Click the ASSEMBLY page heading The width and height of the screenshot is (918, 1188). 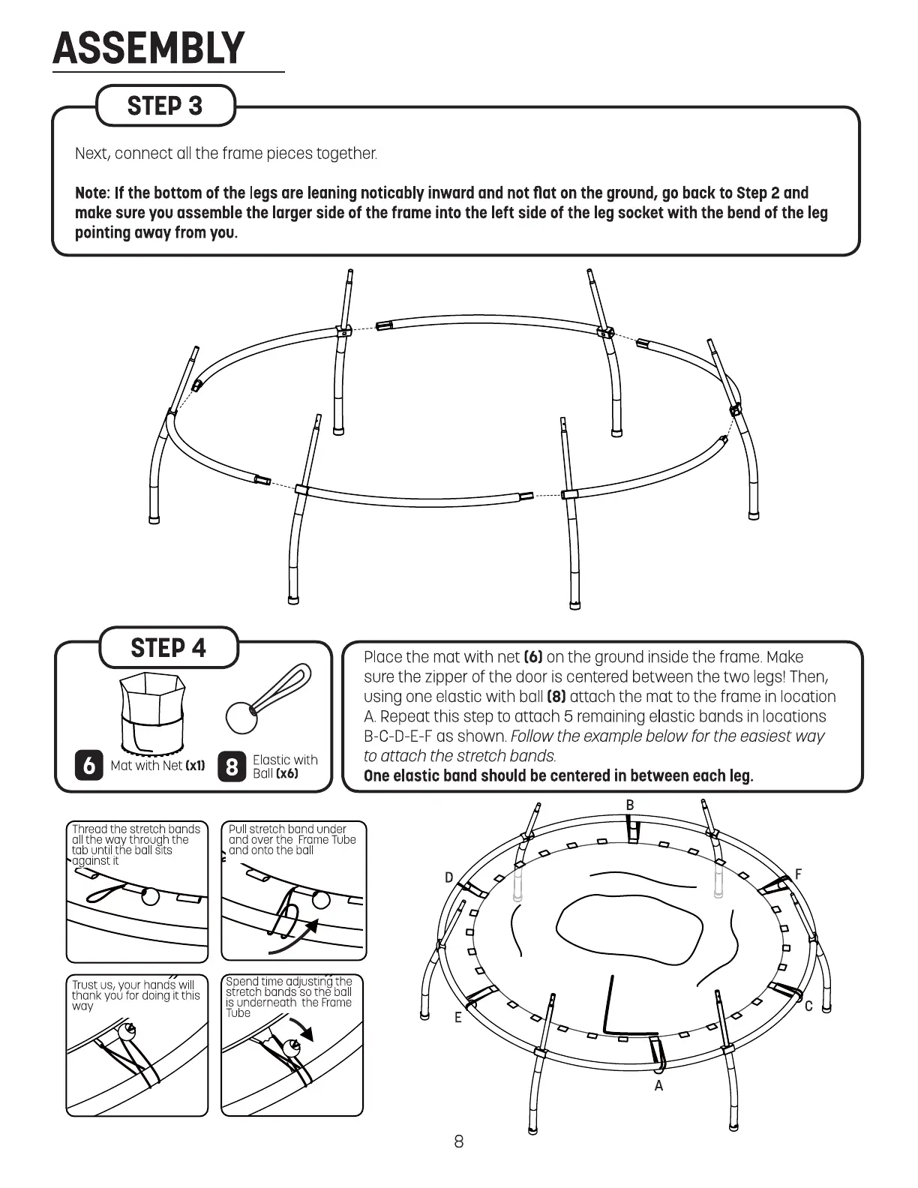[148, 49]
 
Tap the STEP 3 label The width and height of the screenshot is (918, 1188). [165, 106]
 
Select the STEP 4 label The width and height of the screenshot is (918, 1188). [168, 648]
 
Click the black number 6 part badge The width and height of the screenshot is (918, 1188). [89, 766]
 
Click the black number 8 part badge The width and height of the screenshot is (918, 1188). [231, 766]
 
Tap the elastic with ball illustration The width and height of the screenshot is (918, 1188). [268, 699]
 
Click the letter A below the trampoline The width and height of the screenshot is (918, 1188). [658, 1086]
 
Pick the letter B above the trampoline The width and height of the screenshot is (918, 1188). [630, 805]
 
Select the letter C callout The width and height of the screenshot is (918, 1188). [808, 1006]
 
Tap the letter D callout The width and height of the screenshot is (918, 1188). [448, 878]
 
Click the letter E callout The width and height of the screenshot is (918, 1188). [457, 1018]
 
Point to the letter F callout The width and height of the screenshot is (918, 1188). [798, 874]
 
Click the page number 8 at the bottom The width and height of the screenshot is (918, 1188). [459, 1141]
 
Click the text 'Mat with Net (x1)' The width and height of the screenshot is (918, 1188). [157, 766]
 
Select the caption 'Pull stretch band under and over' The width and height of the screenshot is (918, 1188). [292, 839]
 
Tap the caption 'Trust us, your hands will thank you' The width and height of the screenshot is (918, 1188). [136, 995]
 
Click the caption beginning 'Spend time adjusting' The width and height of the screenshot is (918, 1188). [289, 997]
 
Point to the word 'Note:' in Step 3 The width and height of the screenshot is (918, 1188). [92, 193]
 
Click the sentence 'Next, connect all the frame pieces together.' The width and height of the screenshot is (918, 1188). [226, 154]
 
